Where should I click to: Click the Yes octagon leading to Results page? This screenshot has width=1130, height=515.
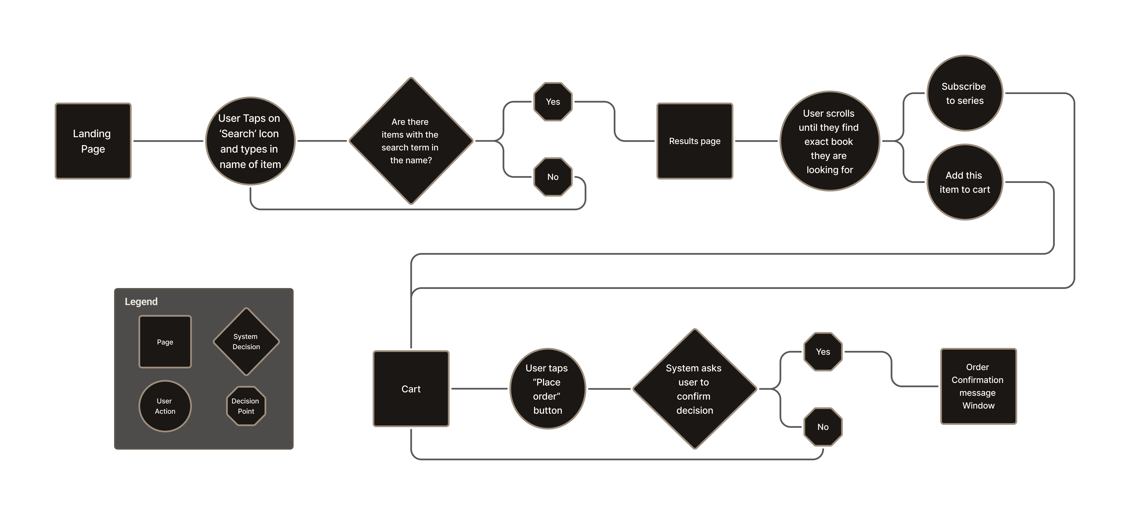coord(553,102)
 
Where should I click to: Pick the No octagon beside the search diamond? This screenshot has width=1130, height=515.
coord(553,177)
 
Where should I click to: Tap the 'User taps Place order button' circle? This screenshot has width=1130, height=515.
coord(547,389)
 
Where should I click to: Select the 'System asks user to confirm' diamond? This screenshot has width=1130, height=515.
coord(694,389)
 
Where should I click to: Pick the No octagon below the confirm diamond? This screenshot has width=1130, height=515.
coord(823,427)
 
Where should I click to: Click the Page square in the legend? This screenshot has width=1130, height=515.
coord(165,342)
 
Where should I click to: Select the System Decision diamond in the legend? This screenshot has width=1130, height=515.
coord(246,342)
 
